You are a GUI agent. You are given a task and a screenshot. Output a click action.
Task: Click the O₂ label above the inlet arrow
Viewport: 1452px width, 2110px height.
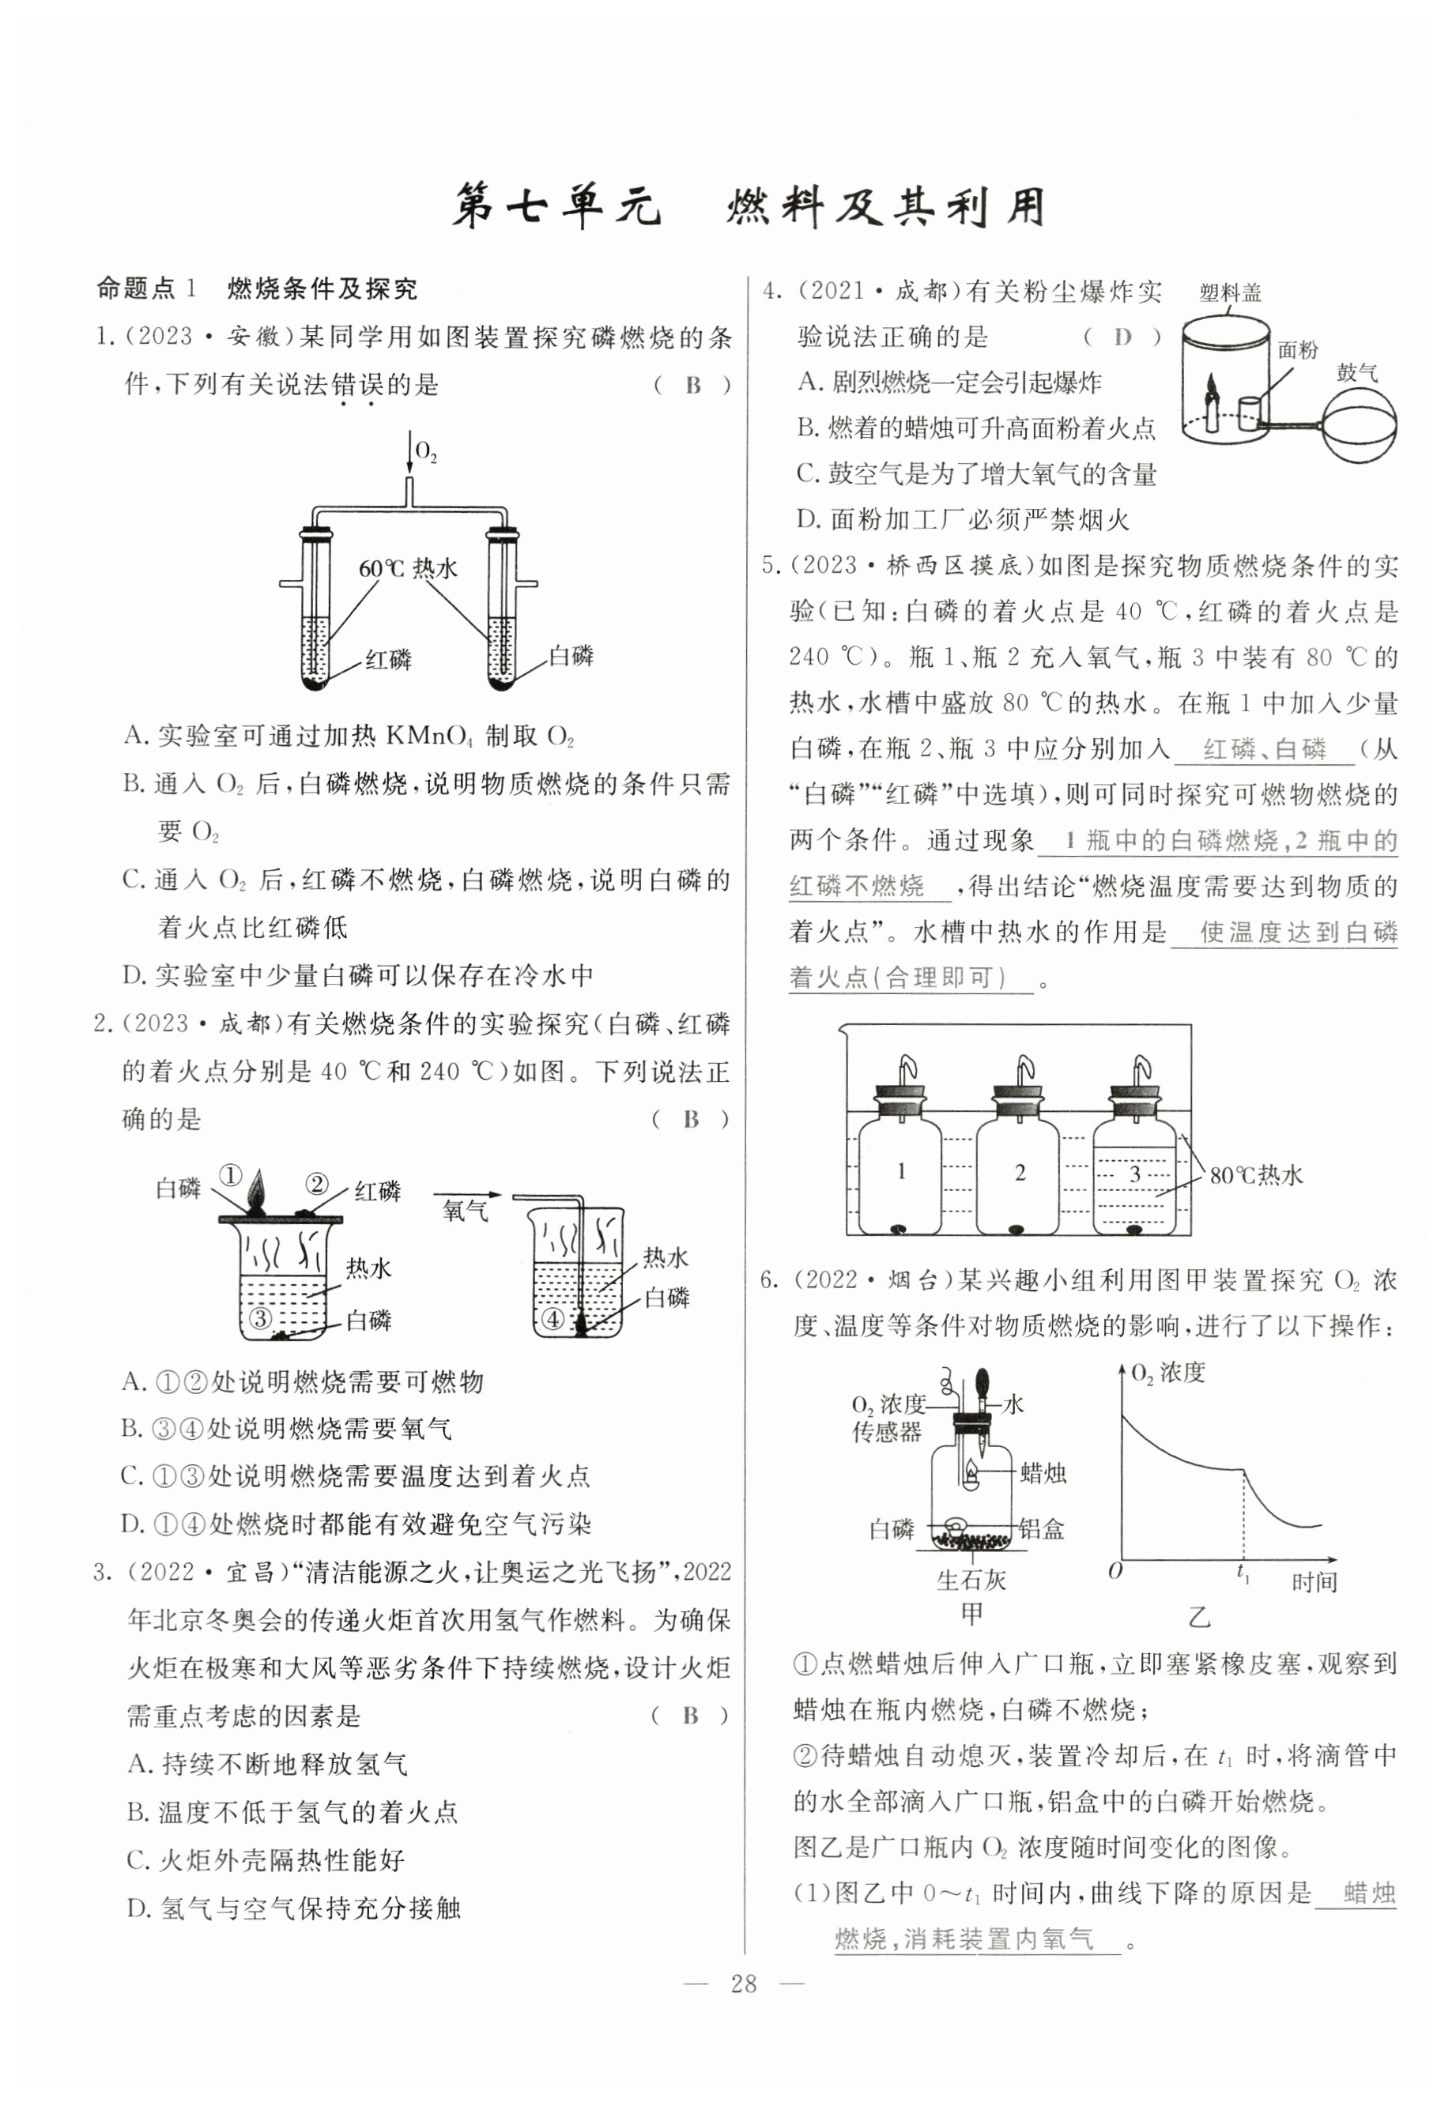click(x=426, y=452)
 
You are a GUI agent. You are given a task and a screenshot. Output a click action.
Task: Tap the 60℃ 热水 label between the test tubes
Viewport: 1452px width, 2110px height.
click(x=408, y=568)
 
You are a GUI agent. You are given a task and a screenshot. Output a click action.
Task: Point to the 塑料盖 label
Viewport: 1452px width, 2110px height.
click(x=1230, y=293)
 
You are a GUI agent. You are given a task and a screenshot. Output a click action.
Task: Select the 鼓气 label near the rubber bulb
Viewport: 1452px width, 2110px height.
click(x=1356, y=372)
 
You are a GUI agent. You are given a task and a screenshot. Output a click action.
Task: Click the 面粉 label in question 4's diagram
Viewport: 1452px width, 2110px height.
click(x=1297, y=350)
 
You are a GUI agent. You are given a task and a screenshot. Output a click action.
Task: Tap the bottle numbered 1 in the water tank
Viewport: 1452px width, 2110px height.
click(x=900, y=1174)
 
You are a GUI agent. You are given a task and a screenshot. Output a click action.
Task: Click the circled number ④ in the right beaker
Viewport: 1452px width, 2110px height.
click(x=553, y=1318)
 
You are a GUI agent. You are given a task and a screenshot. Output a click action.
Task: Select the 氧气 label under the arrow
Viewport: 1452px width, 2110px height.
click(x=465, y=1211)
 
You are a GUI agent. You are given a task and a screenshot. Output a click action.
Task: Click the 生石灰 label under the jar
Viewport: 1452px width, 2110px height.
click(x=971, y=1580)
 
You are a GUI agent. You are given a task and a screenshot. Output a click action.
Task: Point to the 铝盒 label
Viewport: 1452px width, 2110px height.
click(x=1042, y=1529)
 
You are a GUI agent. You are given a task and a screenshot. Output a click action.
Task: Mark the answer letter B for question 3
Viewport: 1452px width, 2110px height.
click(x=691, y=1716)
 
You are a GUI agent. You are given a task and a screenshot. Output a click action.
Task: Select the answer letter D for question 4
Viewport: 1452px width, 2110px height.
click(x=1122, y=337)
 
